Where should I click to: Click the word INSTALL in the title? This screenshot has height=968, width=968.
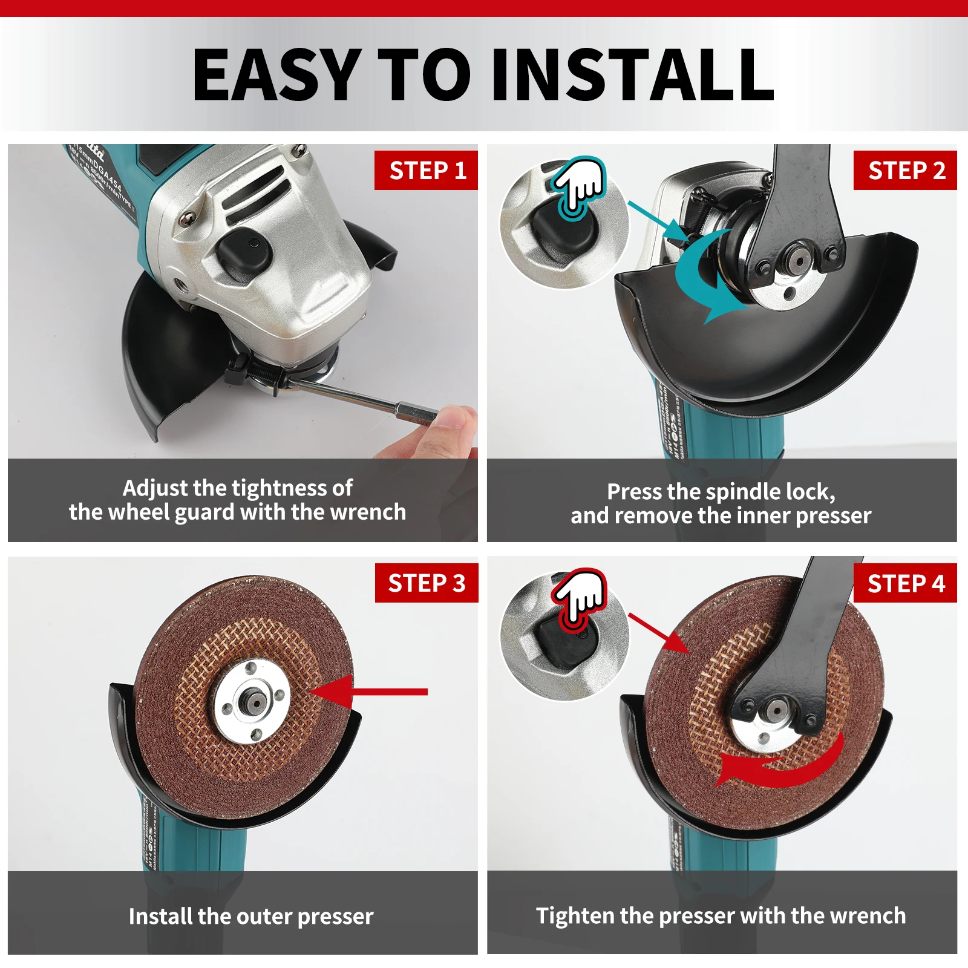[x=632, y=75]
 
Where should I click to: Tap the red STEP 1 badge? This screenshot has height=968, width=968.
[x=427, y=170]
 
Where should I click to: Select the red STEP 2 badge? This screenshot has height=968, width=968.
[x=905, y=170]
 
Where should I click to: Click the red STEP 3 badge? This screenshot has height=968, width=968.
[x=427, y=583]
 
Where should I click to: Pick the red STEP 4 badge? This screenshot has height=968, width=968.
[x=905, y=583]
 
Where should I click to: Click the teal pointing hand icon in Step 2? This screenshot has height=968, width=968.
[x=580, y=185]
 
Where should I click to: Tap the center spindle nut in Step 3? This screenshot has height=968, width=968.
[x=252, y=702]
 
